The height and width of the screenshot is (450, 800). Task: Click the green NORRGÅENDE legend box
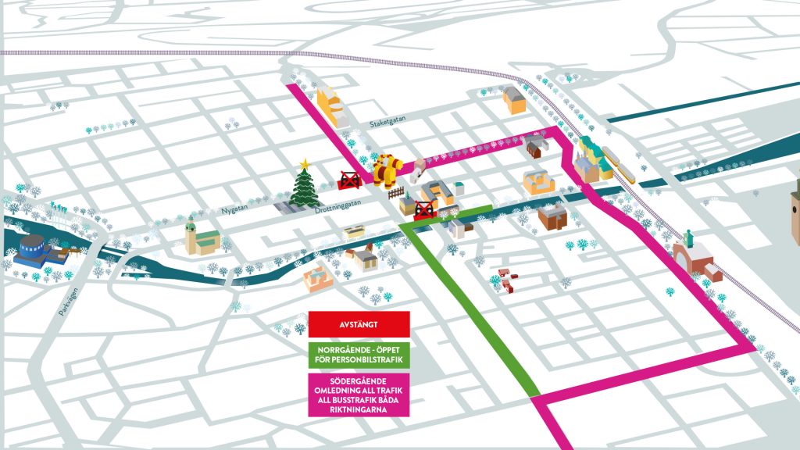[x=359, y=353]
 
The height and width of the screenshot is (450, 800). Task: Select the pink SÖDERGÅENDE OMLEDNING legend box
[x=359, y=394]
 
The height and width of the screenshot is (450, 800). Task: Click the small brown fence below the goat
[x=395, y=191]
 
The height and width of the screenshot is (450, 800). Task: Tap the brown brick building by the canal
[x=552, y=216]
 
